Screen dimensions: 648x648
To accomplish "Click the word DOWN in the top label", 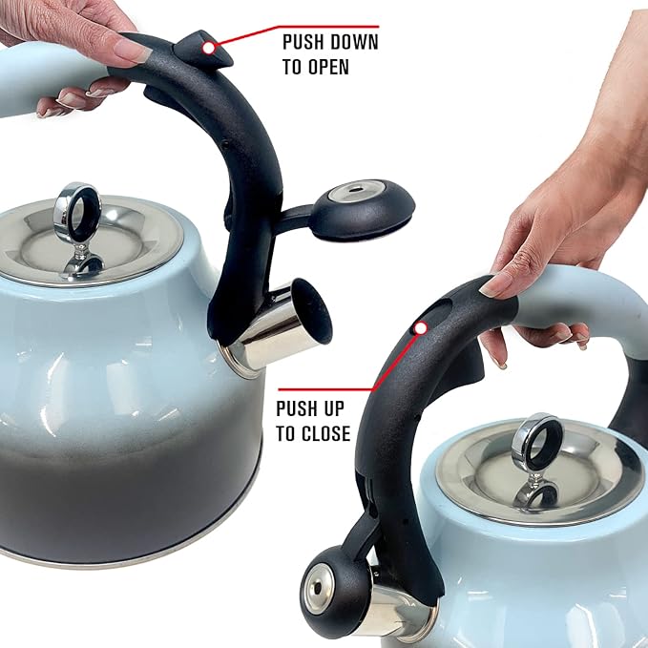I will [x=355, y=43].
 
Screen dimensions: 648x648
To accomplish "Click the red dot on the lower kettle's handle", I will [x=417, y=327].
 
